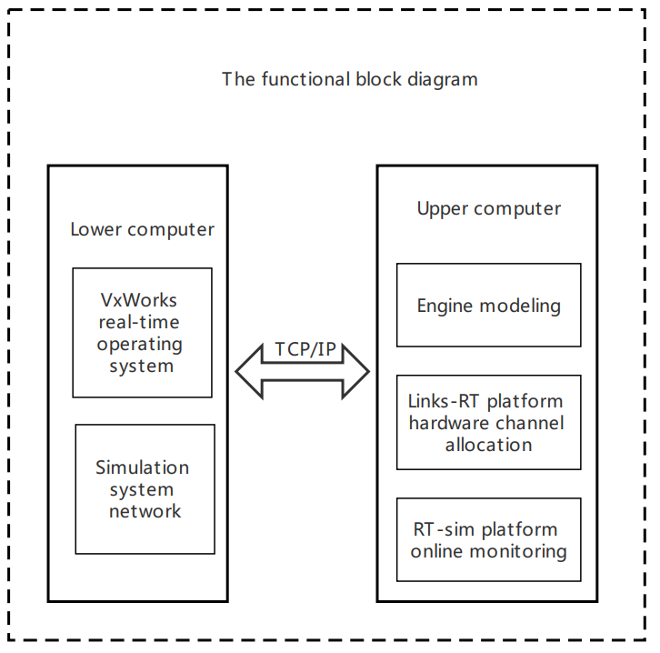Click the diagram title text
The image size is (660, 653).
349,79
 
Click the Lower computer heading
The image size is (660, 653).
142,229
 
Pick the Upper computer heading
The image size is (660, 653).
488,209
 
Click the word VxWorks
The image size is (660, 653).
138,300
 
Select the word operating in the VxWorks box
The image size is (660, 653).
140,345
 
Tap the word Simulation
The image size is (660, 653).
142,467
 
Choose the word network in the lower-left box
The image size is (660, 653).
145,511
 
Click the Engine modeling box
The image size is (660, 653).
488,306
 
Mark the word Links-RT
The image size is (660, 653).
443,401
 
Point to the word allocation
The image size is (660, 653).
488,445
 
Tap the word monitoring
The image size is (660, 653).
521,551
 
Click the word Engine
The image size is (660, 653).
445,306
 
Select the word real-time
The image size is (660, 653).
139,322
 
